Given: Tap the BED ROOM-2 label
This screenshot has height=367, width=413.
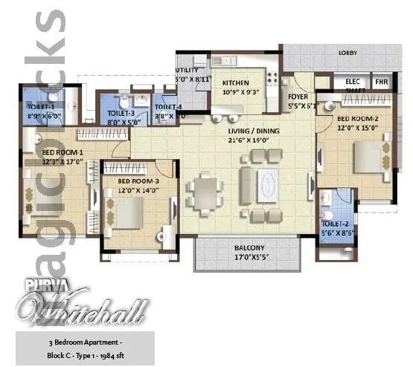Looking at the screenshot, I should click(x=358, y=119).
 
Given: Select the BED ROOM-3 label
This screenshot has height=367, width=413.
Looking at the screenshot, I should click(x=138, y=181).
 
